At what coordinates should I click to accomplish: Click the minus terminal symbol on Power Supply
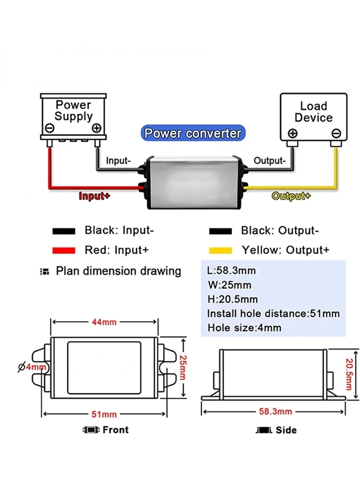point(49,128)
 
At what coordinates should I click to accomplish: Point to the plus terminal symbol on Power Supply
point(96,128)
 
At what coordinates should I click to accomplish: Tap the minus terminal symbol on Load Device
point(336,133)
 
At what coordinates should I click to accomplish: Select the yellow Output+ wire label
point(291,196)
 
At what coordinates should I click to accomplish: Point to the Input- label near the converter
point(118,161)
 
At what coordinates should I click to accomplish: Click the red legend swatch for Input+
point(64,250)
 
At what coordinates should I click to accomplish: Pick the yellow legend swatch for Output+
point(220,250)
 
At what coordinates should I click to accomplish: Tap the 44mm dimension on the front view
point(104,322)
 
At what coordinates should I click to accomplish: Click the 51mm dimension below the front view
point(104,414)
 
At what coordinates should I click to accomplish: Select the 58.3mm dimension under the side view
point(275,411)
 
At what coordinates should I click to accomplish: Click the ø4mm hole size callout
point(32,367)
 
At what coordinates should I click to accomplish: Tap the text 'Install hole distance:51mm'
point(273,314)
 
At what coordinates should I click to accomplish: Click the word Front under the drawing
point(115,430)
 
